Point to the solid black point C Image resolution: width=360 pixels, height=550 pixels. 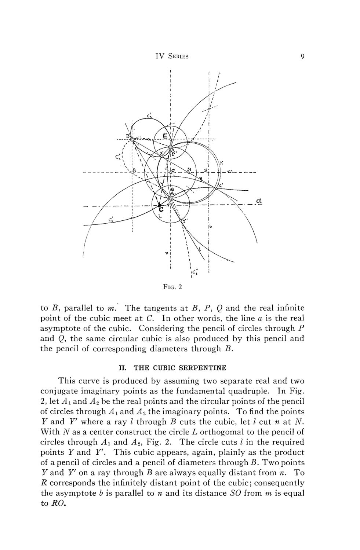(159, 206)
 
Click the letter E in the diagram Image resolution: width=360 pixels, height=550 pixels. (165, 137)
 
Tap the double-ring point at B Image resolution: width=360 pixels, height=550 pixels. (132, 139)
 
